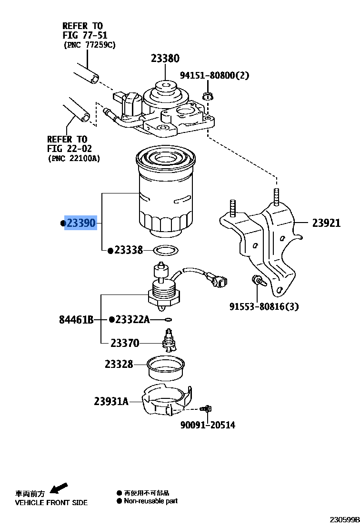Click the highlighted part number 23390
[x=81, y=223]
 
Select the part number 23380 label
[x=165, y=59]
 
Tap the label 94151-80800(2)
[x=214, y=75]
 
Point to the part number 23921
[x=326, y=223]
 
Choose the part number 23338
[x=129, y=250]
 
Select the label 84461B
[x=76, y=319]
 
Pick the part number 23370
[x=125, y=343]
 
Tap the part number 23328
[x=119, y=364]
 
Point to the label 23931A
[x=111, y=401]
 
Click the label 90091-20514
[x=208, y=425]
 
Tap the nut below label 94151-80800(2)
[x=208, y=96]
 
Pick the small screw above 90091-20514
[x=207, y=408]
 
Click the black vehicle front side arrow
[x=59, y=488]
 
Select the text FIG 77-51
[x=85, y=35]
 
